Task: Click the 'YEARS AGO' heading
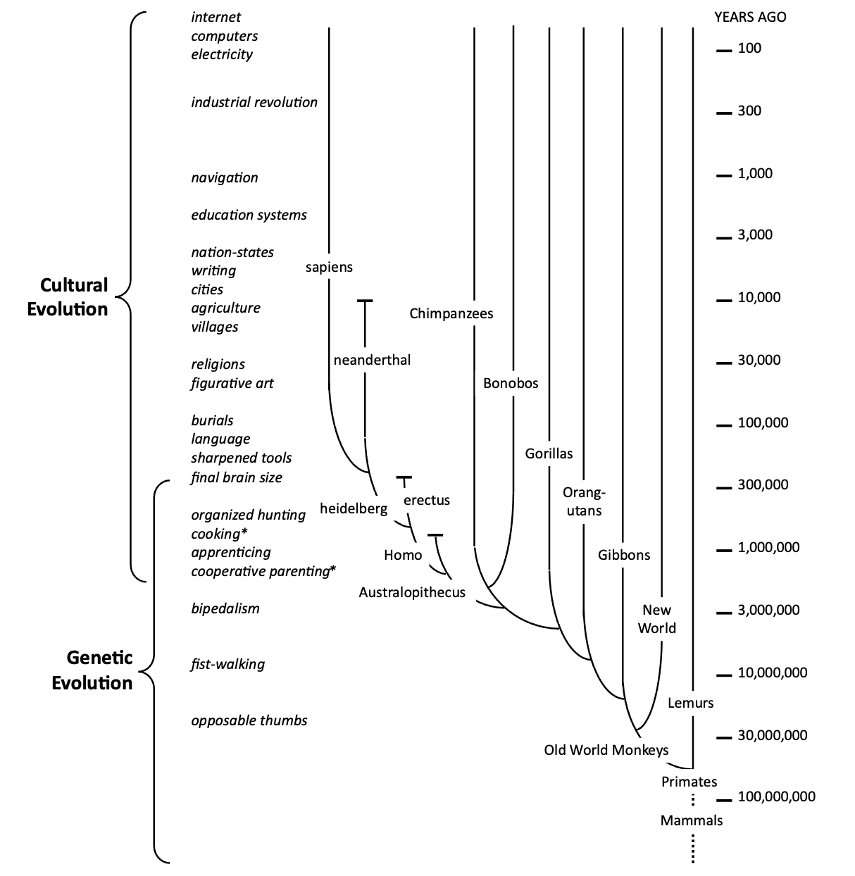tap(750, 17)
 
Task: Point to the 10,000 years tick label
tap(759, 297)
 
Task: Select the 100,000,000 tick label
tap(776, 796)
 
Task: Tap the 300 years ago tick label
tap(749, 111)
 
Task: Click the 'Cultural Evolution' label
tap(68, 296)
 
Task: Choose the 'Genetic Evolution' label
tap(92, 670)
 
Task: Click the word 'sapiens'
tap(329, 267)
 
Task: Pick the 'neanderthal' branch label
tap(372, 360)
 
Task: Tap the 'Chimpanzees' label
tap(451, 313)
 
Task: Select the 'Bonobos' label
tap(511, 383)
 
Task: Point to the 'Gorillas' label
tap(549, 453)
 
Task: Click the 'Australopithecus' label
tap(412, 592)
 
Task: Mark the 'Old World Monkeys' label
tap(606, 749)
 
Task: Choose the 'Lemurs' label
tap(690, 702)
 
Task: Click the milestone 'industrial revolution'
tap(254, 102)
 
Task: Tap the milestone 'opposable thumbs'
tap(249, 720)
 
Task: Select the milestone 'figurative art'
tap(232, 383)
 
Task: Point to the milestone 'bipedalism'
tap(225, 608)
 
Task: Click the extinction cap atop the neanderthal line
tap(364, 301)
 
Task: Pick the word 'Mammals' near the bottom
tap(692, 820)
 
